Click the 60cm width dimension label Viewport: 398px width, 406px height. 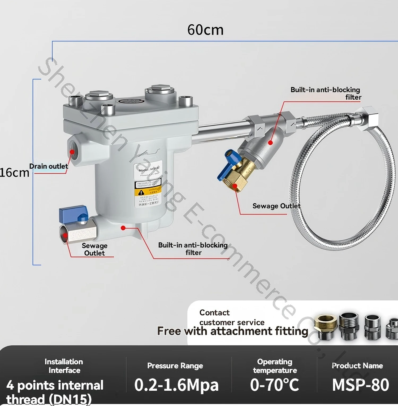click(205, 30)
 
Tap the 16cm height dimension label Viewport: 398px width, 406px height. click(14, 173)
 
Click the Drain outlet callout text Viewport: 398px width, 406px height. click(49, 166)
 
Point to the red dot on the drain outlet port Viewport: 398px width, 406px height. click(72, 152)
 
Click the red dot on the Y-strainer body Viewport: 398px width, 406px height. click(270, 143)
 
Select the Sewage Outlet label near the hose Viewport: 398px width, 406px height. click(276, 206)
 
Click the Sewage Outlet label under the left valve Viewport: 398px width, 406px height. click(94, 249)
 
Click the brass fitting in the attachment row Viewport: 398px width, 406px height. click(325, 326)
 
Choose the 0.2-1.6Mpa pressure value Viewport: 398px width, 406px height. click(176, 385)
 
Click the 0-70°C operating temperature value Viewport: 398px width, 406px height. click(275, 385)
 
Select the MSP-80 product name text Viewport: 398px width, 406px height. click(360, 385)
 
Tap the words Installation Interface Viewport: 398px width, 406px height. click(64, 366)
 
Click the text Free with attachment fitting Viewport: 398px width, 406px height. click(233, 331)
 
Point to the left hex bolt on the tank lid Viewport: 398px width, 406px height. click(99, 95)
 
